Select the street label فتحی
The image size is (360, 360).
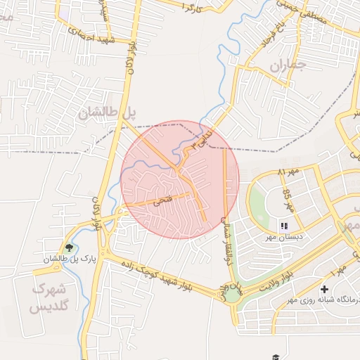point(162,200)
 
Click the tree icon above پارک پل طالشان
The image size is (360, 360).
point(69,247)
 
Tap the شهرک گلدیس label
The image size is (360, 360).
point(49,297)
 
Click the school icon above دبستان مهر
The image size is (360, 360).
point(284,226)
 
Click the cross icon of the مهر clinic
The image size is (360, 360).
point(324,289)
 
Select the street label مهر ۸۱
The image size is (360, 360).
point(288,172)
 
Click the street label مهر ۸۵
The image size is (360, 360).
point(287,198)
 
